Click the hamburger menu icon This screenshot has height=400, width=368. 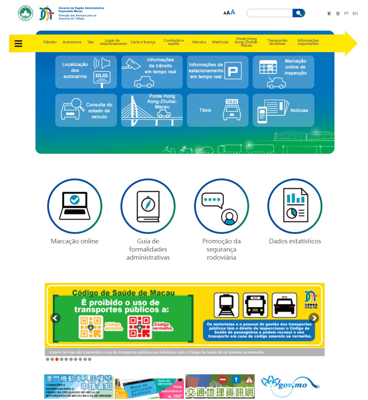coord(18,43)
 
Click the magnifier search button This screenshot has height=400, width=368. coord(299,13)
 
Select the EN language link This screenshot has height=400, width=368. coord(355,14)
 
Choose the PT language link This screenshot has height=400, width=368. coord(346,14)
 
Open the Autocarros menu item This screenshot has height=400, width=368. coord(72,42)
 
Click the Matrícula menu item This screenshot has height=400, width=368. coord(220,42)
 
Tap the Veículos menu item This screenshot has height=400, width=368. coord(199,42)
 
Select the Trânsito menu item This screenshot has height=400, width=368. coord(50,42)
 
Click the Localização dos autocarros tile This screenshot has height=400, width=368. coord(86,72)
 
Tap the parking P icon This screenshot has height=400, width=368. coord(233,71)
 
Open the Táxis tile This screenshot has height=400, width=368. coord(218,110)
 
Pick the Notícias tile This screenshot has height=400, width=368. coord(283,110)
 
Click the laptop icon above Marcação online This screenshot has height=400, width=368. coord(75,206)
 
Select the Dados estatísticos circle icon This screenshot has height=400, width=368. coord(295,206)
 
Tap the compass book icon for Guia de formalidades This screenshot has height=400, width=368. coord(148,206)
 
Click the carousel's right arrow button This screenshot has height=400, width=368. coord(314,318)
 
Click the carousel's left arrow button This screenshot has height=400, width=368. coord(56,318)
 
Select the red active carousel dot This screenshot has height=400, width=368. coord(57,359)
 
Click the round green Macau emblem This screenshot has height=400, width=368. coord(25,13)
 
